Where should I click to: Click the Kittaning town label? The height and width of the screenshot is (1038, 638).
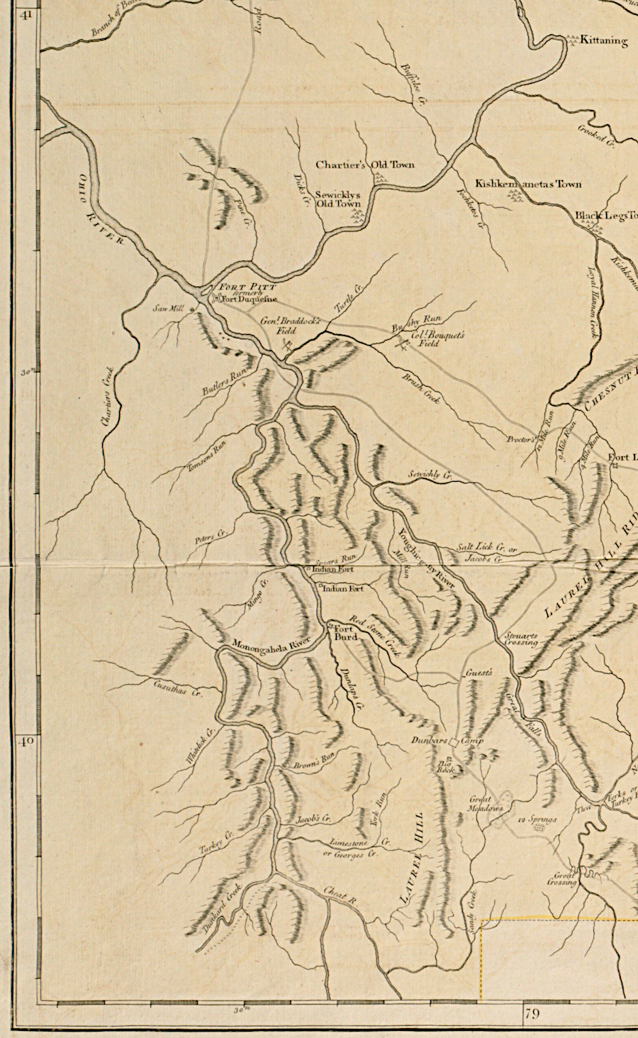(603, 41)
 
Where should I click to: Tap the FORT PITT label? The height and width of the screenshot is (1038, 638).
(243, 287)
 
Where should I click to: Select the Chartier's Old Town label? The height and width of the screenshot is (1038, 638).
(364, 165)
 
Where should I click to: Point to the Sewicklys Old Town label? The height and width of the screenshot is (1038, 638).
(338, 199)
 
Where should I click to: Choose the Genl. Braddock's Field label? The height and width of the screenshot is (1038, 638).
(290, 326)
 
